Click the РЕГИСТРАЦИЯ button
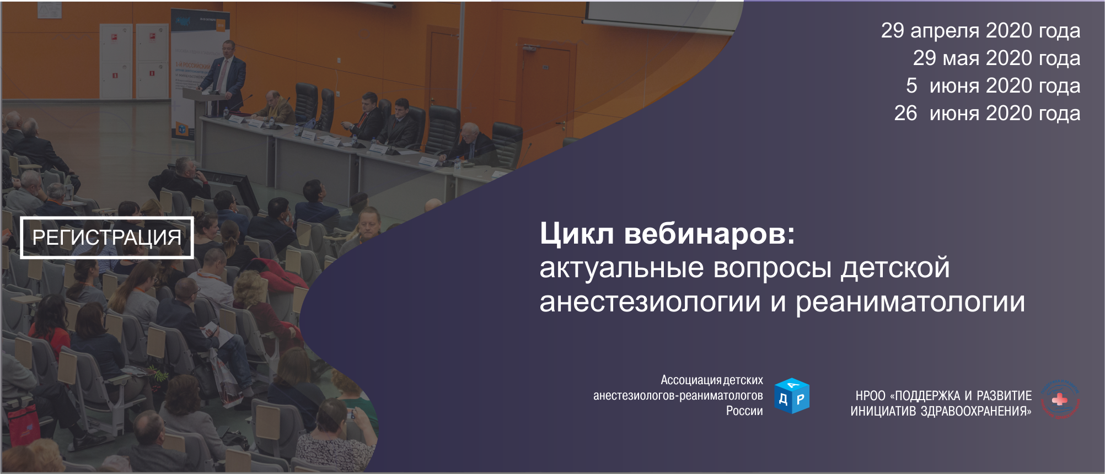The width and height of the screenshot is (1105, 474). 107,238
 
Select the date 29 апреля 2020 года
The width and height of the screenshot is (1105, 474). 980,31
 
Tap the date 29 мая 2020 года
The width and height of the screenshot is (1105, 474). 996,58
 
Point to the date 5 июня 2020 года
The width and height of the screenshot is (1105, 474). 993,86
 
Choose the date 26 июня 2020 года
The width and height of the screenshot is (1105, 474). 987,114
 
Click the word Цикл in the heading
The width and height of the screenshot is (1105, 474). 576,234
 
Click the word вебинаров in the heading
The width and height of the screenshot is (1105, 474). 710,234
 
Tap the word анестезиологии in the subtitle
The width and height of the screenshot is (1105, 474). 650,303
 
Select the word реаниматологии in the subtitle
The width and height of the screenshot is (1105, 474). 910,303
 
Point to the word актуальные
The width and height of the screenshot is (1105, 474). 621,268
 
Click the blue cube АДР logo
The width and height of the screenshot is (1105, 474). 792,396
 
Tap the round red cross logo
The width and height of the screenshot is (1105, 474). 1060,399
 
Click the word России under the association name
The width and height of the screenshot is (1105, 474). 744,411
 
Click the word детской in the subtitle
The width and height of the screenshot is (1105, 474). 895,268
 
